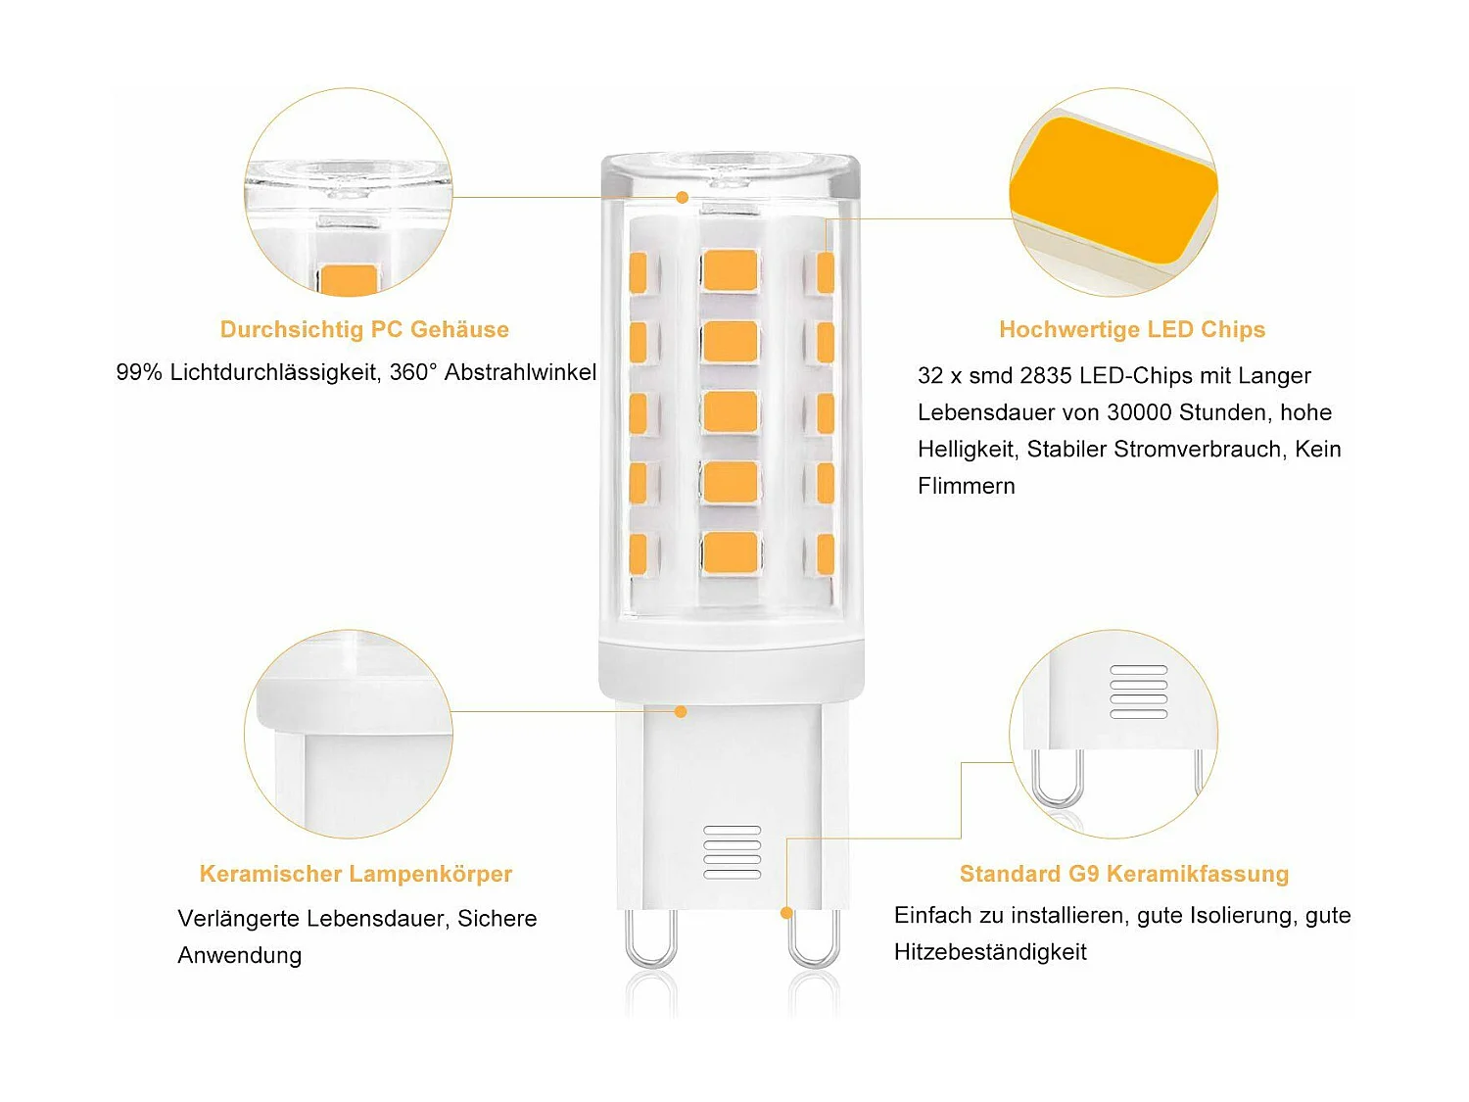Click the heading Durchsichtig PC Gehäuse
tap(364, 329)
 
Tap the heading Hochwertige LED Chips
tap(1132, 329)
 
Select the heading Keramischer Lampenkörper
tap(355, 874)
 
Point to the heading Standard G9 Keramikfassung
tap(1123, 874)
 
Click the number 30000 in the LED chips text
tap(1139, 412)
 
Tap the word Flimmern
tap(966, 486)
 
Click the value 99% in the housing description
tap(139, 372)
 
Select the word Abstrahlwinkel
tap(520, 372)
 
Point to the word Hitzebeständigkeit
tap(990, 952)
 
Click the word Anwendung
tap(239, 955)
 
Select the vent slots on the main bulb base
tap(733, 851)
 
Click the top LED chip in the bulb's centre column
tap(730, 270)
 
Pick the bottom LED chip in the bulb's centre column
tap(730, 552)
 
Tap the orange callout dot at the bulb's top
tap(683, 198)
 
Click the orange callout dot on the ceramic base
tap(681, 711)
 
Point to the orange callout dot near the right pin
tap(786, 913)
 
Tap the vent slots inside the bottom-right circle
tap(1139, 692)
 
